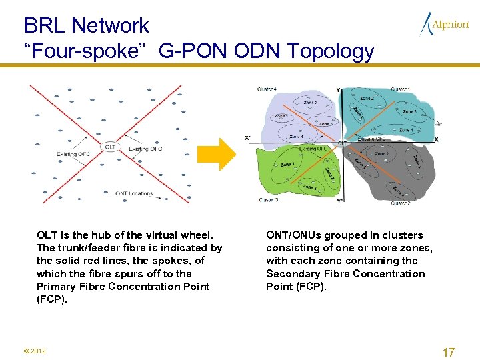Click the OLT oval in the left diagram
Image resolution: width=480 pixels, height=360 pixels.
(110, 147)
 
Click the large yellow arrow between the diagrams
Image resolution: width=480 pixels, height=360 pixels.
(227, 155)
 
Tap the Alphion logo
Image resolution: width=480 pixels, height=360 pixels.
(445, 25)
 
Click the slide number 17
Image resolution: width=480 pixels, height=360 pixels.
(449, 353)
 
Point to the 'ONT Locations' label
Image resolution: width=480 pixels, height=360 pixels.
(133, 194)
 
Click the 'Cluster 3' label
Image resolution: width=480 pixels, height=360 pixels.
(268, 199)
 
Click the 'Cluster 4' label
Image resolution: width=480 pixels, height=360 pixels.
(267, 89)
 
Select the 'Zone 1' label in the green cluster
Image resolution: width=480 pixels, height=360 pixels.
(287, 164)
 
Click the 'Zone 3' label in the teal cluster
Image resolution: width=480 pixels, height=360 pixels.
(409, 111)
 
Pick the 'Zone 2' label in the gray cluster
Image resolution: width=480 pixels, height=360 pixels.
(381, 154)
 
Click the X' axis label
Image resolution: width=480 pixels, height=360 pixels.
(248, 139)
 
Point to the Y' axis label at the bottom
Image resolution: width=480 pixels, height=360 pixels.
(339, 201)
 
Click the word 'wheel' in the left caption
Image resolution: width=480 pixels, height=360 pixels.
(197, 235)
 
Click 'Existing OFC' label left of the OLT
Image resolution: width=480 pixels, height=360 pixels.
(73, 155)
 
